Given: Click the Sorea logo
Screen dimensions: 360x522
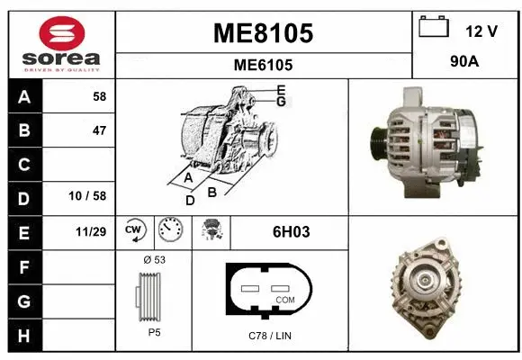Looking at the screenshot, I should tap(61, 45).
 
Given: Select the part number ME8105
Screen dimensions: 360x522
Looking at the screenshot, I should tap(263, 34).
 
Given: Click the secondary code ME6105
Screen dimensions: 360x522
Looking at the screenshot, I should tap(263, 65).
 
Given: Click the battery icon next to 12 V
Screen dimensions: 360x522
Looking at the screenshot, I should tap(434, 28).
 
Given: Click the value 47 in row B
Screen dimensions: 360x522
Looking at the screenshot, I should tap(99, 130).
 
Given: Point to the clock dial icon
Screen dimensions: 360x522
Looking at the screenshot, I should tap(168, 231).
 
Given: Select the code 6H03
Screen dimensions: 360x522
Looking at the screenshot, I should tap(291, 231).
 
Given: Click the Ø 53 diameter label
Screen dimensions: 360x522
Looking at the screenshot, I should tap(154, 260).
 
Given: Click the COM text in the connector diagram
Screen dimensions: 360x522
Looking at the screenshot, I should tap(284, 300).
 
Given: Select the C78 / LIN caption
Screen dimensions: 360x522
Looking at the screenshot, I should tap(271, 336).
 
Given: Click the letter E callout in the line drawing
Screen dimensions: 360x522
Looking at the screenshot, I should tap(281, 90).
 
